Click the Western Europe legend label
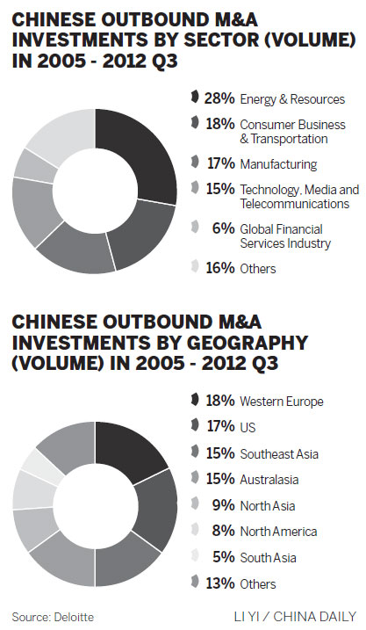click(x=282, y=402)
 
